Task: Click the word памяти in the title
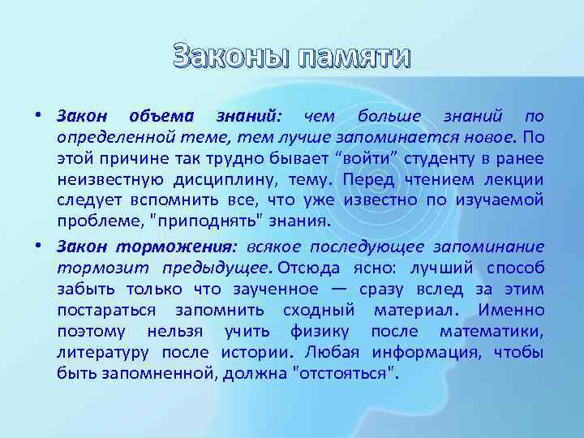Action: (354, 58)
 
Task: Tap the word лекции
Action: (513, 179)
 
